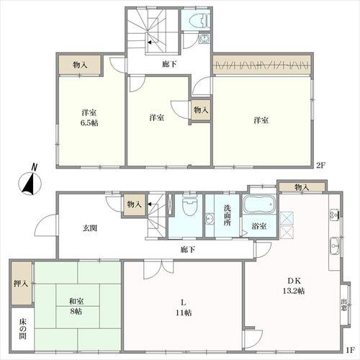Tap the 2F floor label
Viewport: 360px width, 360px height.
(320, 166)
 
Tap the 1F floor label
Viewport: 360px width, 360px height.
(350, 350)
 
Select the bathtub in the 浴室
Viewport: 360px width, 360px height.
(259, 204)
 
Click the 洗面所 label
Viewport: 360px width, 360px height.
(227, 215)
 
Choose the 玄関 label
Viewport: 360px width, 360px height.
(90, 228)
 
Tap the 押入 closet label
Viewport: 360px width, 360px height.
(21, 284)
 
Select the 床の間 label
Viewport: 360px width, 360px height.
(22, 329)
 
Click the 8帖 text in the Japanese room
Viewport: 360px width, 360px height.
(76, 312)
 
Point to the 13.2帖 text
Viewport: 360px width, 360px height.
(294, 291)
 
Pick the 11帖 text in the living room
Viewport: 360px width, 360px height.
(184, 313)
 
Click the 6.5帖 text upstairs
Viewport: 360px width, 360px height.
(89, 123)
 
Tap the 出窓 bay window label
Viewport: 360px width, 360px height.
(344, 305)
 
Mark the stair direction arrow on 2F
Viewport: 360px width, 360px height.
(150, 42)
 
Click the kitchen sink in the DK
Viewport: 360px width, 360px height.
(334, 246)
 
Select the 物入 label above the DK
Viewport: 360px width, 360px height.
(302, 187)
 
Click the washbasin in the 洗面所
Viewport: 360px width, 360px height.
(210, 219)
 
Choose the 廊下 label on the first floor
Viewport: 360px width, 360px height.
(188, 250)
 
